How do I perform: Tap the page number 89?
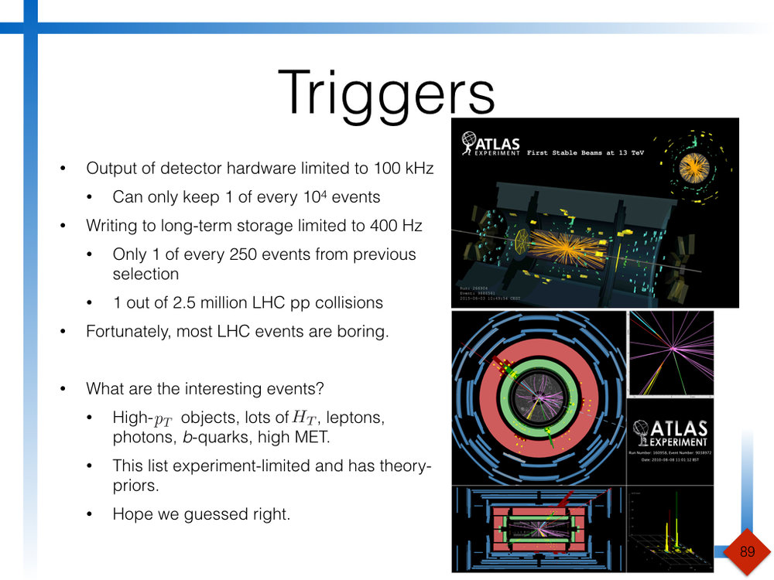pos(747,551)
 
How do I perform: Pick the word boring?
pos(358,332)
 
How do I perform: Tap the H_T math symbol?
pos(303,417)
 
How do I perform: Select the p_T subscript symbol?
pos(163,420)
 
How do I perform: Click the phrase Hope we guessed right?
pos(201,513)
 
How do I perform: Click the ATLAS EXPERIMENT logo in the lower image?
pos(669,431)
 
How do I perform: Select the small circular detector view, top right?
pos(694,165)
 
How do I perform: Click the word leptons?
pos(355,418)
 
